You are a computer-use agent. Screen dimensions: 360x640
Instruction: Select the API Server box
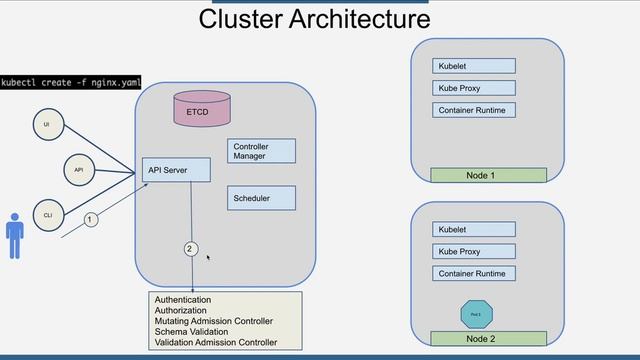(176, 170)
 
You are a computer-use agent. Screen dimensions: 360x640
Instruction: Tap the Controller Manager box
(261, 151)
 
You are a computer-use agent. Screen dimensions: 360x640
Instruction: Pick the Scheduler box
(261, 198)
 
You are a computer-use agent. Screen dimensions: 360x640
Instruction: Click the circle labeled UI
(45, 125)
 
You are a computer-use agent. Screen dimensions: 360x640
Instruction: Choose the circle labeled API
(79, 170)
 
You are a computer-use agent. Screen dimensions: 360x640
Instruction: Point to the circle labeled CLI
(47, 215)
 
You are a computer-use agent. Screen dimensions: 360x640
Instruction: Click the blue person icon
(14, 233)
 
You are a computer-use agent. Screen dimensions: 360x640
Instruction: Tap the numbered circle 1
(90, 219)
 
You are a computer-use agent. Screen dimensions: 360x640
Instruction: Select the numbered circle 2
(190, 248)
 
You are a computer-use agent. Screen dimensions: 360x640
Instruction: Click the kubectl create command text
(71, 82)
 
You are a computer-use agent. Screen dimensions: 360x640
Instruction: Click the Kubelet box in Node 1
(474, 66)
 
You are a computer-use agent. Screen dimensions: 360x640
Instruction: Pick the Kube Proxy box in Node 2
(474, 251)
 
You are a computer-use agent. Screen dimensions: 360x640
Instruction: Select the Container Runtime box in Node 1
(474, 110)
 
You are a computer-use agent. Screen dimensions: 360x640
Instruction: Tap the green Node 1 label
(488, 175)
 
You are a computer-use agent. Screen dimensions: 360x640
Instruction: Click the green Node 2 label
(488, 339)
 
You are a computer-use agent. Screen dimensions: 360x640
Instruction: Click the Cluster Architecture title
(314, 19)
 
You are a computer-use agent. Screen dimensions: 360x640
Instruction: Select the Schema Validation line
(191, 332)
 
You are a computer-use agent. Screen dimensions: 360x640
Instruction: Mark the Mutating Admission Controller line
(213, 321)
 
